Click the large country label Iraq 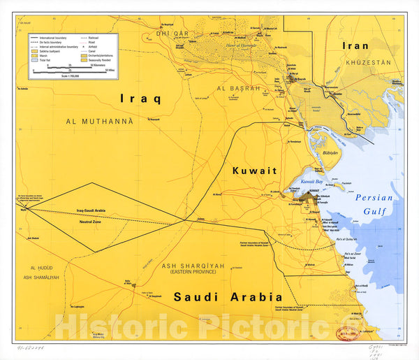140,98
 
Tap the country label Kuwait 254,171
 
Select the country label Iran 354,45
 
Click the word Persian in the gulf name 374,198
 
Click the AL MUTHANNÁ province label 99,121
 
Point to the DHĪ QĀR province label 173,33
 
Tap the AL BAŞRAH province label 238,89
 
